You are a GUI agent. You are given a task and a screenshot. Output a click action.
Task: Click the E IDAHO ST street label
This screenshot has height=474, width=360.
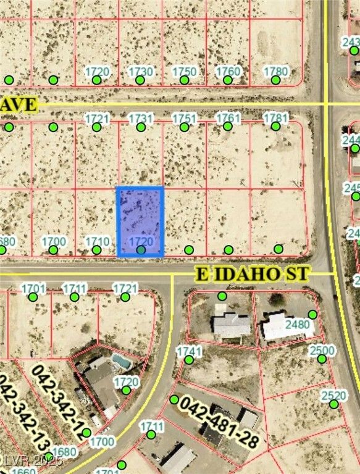point(253,273)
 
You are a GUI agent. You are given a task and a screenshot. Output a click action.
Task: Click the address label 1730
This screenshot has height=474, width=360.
point(140,72)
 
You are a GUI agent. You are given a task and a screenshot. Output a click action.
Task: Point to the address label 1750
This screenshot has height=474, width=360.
point(184,72)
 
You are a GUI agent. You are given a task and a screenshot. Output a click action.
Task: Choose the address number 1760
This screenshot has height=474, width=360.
point(228,72)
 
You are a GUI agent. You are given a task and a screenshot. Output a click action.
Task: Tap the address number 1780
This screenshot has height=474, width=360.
point(275,72)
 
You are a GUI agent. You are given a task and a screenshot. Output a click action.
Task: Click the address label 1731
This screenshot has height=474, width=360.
point(141,118)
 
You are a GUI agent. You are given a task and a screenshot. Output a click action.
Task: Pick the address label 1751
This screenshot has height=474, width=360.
point(184,118)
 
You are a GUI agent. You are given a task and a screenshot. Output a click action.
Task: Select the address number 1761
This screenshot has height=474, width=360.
point(228,118)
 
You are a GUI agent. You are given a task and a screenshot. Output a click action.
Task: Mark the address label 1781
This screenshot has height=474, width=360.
point(275,118)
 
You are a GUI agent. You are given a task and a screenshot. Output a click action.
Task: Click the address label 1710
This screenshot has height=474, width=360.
point(97,241)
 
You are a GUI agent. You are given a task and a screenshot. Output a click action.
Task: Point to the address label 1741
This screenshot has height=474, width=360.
point(189,351)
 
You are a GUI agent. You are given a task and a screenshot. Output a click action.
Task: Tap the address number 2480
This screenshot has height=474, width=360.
point(298,325)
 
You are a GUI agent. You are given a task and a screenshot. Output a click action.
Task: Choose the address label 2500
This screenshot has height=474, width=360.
point(322,351)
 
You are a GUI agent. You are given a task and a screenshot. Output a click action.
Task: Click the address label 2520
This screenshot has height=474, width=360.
point(334,396)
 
